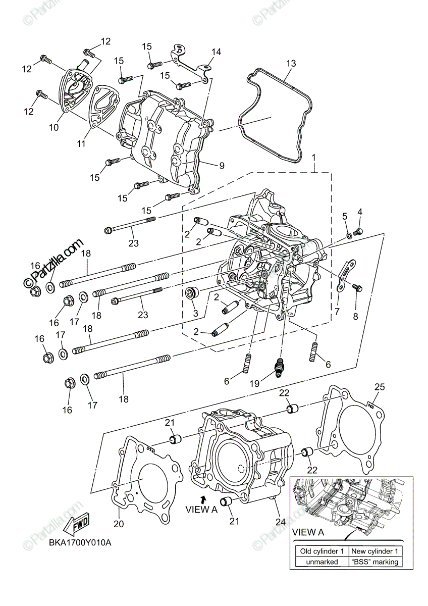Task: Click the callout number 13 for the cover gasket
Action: tap(291, 63)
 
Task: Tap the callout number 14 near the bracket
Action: tap(216, 52)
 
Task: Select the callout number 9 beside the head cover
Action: tap(222, 165)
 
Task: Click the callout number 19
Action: tap(255, 383)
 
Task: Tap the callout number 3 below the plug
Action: tap(195, 313)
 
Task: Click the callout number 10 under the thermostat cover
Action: tap(54, 127)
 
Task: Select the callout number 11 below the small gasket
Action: tap(81, 143)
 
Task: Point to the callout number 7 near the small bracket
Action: tap(337, 312)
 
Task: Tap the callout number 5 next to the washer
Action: tap(344, 216)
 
